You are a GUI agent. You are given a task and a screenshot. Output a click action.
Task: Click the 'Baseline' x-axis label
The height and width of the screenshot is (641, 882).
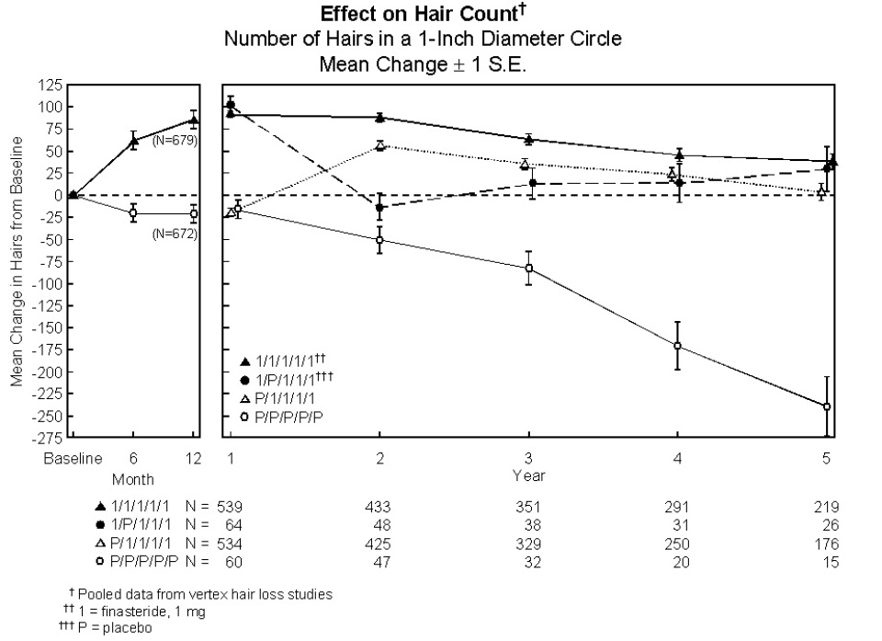[73, 459]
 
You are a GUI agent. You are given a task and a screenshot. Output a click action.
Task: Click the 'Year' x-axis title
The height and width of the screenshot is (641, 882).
[529, 475]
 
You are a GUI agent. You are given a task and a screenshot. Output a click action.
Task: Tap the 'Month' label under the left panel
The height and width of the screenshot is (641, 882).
[133, 479]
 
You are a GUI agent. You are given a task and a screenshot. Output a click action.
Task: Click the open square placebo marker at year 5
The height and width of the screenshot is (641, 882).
[827, 406]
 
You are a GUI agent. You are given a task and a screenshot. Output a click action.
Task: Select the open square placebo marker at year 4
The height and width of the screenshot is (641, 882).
[678, 346]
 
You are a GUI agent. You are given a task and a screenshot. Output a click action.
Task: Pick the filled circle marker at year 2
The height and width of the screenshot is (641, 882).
[379, 208]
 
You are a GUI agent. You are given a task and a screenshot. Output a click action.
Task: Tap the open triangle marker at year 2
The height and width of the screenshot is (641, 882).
[379, 145]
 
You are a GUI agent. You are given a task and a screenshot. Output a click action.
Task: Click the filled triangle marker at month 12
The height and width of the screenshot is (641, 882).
[194, 120]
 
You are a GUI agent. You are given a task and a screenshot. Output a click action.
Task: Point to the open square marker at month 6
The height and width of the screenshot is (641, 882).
[133, 213]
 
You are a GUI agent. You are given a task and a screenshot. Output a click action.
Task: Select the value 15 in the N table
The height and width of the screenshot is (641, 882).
[831, 562]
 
